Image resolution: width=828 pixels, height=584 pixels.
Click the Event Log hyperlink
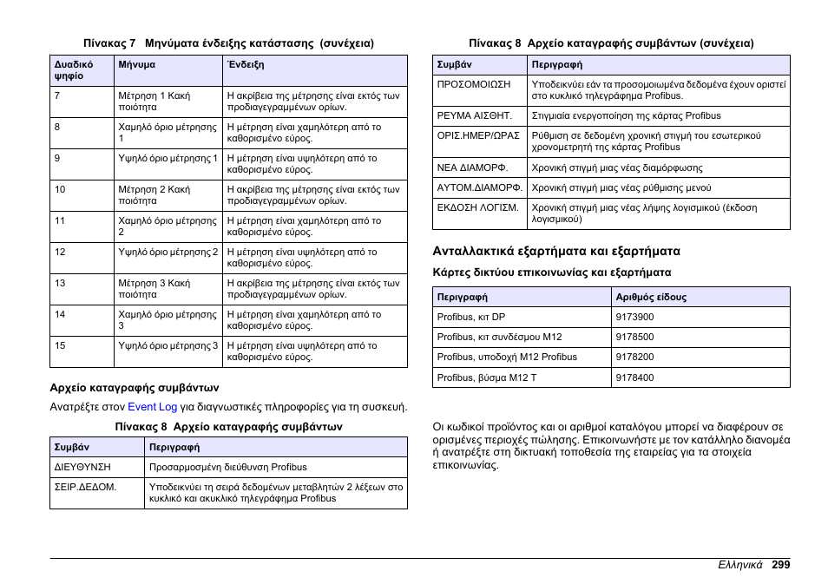tap(152, 407)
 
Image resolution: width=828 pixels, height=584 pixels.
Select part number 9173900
tap(634, 317)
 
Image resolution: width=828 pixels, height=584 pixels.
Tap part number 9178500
tap(634, 337)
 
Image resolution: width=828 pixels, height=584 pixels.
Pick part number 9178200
tap(634, 357)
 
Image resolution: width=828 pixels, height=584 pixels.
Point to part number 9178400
tap(634, 377)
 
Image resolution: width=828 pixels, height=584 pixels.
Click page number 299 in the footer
tap(779, 565)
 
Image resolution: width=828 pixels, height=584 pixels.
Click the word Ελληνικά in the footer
tap(739, 565)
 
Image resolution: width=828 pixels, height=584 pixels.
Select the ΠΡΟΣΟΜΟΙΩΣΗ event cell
tap(474, 85)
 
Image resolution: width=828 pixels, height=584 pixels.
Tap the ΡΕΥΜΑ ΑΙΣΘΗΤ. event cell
tap(475, 115)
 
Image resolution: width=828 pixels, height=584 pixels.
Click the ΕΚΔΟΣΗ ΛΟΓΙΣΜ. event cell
tap(478, 208)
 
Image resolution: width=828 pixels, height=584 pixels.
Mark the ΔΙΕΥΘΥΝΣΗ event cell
tap(83, 467)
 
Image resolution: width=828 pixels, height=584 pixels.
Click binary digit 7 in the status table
tap(57, 95)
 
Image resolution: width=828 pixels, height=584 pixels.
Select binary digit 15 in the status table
tap(60, 345)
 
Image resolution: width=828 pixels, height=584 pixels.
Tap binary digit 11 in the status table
tap(60, 220)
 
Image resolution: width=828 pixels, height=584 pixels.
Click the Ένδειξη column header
tap(246, 65)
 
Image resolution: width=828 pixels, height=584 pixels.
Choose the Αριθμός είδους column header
tap(651, 297)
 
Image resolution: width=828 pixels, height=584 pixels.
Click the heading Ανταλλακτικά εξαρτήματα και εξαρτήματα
tap(556, 252)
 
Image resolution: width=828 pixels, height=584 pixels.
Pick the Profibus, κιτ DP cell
tap(471, 317)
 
